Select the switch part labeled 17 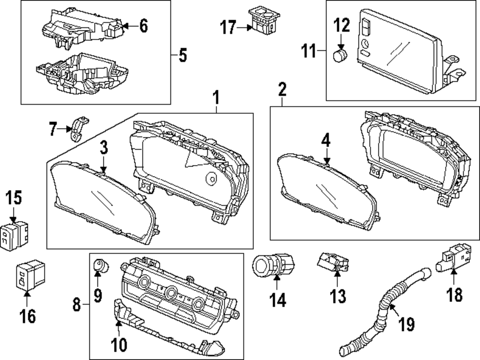(262, 20)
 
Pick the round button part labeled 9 (98, 265)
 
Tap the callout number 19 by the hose (407, 325)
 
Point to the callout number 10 (120, 344)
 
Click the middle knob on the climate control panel (171, 292)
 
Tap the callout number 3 (103, 148)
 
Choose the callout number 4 (326, 141)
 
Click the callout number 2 (282, 89)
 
